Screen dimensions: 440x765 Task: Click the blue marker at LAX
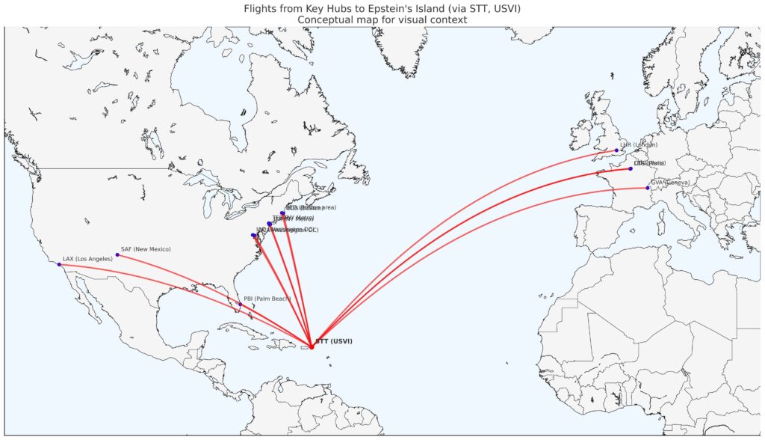pyautogui.click(x=59, y=264)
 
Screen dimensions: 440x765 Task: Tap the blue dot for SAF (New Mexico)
pyautogui.click(x=117, y=255)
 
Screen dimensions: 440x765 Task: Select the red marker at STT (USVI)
pyautogui.click(x=312, y=346)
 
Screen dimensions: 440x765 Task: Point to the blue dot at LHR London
pyautogui.click(x=617, y=150)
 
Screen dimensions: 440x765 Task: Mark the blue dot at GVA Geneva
pyautogui.click(x=648, y=188)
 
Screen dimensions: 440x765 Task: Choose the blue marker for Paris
pyautogui.click(x=631, y=168)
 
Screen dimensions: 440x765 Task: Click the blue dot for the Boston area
pyautogui.click(x=282, y=213)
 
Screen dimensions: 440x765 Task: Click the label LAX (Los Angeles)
pyautogui.click(x=87, y=258)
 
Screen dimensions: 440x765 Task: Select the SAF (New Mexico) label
pyautogui.click(x=146, y=248)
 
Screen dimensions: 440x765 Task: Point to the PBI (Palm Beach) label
pyautogui.click(x=267, y=299)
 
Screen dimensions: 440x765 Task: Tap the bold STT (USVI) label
pyautogui.click(x=333, y=341)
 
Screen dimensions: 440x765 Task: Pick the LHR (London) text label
pyautogui.click(x=639, y=144)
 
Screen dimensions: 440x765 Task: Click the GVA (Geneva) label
pyautogui.click(x=669, y=182)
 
